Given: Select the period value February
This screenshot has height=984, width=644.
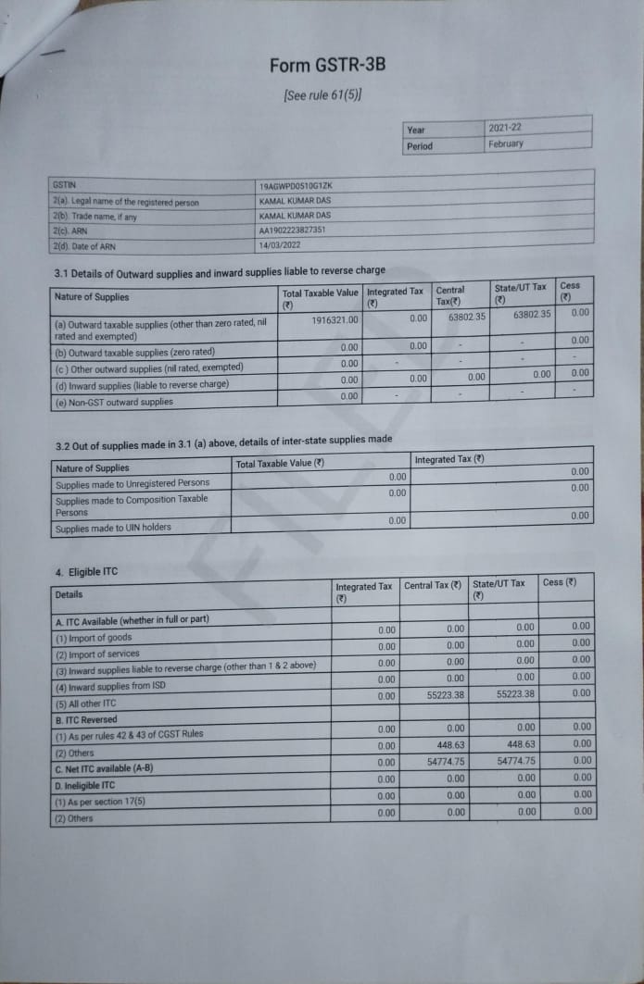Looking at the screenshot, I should tap(505, 143).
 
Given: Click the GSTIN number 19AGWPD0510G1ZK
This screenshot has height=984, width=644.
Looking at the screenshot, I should tap(296, 186).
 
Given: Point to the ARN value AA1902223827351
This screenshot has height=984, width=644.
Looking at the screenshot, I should tap(292, 230).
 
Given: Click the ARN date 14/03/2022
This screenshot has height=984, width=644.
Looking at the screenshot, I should tap(280, 245).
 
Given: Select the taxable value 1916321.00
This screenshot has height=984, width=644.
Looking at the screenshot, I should tap(335, 319).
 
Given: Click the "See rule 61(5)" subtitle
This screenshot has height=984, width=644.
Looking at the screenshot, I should tap(322, 95).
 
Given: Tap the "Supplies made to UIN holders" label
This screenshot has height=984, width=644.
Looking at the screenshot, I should tap(113, 528).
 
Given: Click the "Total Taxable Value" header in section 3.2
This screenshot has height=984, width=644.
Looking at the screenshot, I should tap(280, 463).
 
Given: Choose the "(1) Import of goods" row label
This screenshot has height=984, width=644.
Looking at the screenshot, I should tap(94, 638).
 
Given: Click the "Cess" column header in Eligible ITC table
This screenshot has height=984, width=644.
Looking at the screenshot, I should tap(559, 583).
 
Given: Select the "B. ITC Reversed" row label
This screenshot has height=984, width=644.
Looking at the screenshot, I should tap(87, 719).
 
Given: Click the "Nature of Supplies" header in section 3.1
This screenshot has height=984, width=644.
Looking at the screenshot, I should tap(93, 297).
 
